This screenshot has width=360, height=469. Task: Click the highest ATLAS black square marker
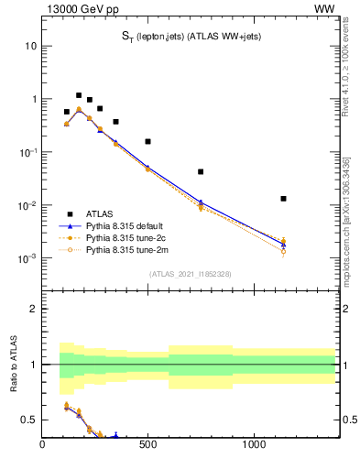coord(79,95)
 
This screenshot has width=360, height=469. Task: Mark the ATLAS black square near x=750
coord(201,171)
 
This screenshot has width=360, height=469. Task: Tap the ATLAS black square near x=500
coord(147,142)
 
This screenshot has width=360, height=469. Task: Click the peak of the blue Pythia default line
coord(79,109)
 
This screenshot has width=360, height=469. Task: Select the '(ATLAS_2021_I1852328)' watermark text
coord(189,274)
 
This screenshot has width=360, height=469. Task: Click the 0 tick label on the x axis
coord(42,446)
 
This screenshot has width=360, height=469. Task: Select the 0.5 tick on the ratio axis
coord(29,420)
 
